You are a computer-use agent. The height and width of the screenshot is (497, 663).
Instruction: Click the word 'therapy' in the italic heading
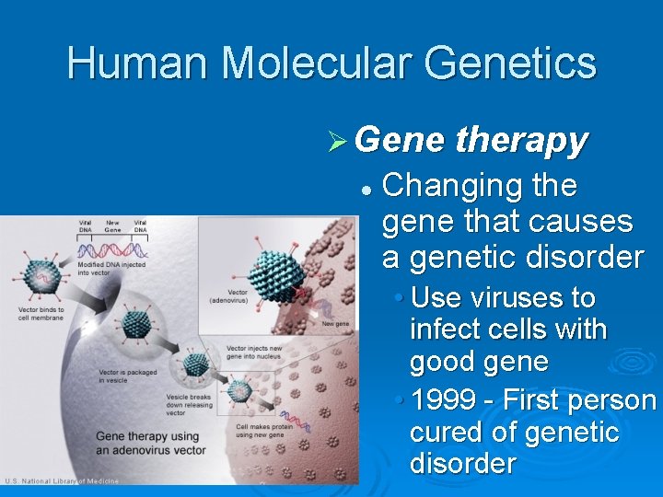(x=521, y=140)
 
